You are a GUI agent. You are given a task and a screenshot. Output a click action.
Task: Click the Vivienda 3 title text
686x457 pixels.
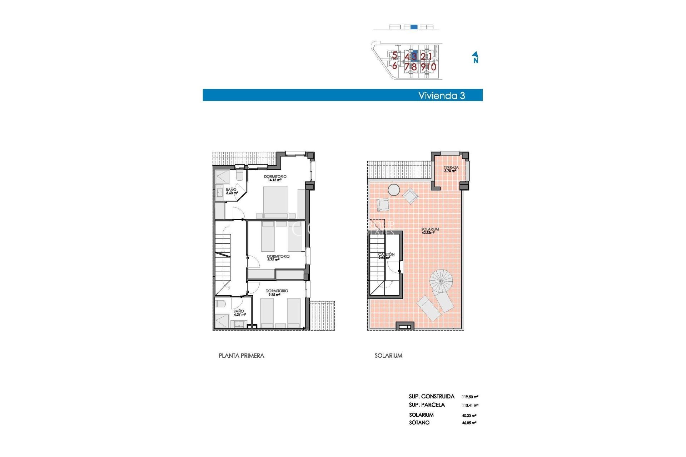coord(441,95)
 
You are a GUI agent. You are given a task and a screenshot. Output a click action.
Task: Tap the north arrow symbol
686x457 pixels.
coord(475,57)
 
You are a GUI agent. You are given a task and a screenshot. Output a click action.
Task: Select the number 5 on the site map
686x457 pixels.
coord(394,55)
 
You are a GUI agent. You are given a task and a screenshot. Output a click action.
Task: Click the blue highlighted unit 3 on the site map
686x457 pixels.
coord(414,56)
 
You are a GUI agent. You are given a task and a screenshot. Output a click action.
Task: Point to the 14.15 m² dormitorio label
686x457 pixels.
coord(275,178)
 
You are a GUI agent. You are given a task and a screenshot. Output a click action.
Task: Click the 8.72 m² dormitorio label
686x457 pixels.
coord(278,258)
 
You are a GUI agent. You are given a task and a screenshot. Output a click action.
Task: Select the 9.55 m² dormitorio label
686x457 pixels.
coord(277,293)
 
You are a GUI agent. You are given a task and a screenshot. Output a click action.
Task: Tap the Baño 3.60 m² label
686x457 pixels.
coord(232,191)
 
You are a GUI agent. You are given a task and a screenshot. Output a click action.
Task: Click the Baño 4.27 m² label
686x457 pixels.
coord(239,313)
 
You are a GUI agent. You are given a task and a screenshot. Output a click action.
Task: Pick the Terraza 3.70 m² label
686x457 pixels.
coord(451,169)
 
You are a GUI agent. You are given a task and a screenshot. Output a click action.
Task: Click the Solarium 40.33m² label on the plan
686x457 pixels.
coord(429,231)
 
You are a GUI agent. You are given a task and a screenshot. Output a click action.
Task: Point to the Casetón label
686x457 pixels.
coord(386,256)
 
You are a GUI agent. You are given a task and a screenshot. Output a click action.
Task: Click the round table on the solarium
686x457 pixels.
coord(394,190)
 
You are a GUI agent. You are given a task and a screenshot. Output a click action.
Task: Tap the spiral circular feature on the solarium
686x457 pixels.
coord(441,281)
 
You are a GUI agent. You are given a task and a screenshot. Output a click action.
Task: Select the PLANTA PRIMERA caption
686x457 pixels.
coord(241,356)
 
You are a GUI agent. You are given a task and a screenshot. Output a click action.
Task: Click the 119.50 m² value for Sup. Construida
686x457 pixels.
coord(470,397)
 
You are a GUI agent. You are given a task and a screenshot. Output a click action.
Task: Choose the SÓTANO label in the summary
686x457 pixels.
coord(419,423)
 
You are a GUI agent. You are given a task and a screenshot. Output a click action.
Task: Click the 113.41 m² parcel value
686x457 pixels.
coord(470,405)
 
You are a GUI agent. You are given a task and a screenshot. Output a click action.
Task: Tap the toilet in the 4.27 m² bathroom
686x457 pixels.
coord(220,304)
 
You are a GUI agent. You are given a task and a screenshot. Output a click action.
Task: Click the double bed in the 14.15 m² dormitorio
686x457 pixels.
coord(275,202)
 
